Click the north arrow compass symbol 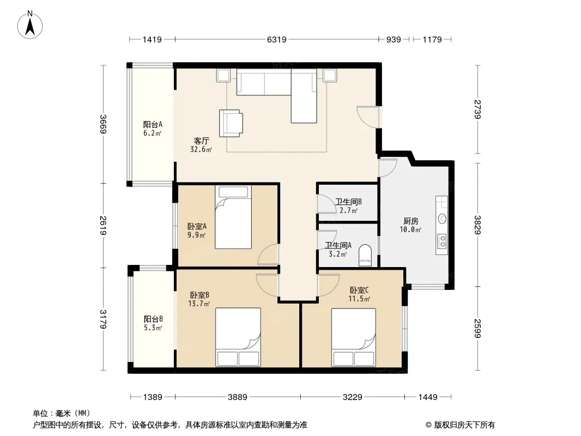click(x=30, y=25)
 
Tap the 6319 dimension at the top click(x=277, y=39)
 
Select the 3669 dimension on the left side click(x=104, y=124)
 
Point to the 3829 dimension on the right click(x=477, y=225)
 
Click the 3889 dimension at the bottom click(x=238, y=397)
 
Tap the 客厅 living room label click(x=202, y=141)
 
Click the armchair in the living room click(x=231, y=123)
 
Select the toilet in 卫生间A click(x=365, y=255)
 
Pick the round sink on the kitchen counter click(x=443, y=219)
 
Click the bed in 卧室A click(x=233, y=217)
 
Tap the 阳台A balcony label click(x=153, y=124)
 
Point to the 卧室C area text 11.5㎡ click(x=359, y=299)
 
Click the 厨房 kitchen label click(x=410, y=221)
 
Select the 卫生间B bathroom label click(x=348, y=202)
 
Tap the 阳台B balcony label click(x=153, y=319)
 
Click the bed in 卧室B click(x=238, y=337)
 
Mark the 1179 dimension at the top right click(x=432, y=39)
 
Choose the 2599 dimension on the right click(x=477, y=328)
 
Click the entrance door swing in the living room click(x=368, y=117)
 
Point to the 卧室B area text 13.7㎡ click(x=199, y=304)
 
